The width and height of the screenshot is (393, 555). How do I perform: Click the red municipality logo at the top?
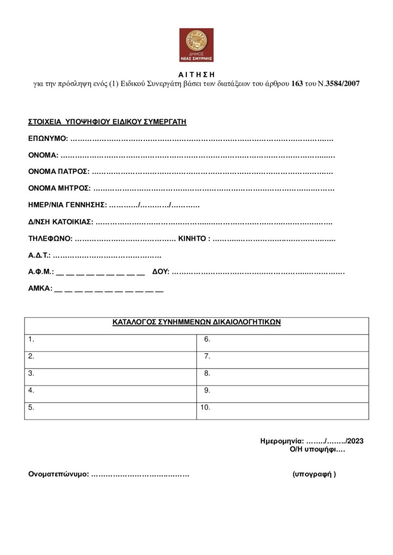(x=196, y=45)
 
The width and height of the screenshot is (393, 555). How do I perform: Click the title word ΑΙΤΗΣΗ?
(x=196, y=74)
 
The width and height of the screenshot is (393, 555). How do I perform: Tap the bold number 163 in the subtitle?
(x=297, y=84)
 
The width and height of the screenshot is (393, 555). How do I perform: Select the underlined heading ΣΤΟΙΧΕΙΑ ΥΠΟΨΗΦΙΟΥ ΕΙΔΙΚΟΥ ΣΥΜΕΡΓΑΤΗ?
(x=107, y=122)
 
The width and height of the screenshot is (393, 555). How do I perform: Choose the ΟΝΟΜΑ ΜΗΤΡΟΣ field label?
(x=59, y=189)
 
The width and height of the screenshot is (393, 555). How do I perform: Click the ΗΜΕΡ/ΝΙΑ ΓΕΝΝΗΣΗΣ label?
(x=67, y=205)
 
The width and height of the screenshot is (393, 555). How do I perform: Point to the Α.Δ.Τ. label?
(x=40, y=255)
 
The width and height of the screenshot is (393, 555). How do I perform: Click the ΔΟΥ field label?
(x=161, y=272)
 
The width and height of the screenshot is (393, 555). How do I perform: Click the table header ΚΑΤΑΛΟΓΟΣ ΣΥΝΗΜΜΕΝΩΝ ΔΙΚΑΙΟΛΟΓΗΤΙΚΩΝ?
(x=196, y=322)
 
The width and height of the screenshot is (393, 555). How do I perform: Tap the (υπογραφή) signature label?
(x=314, y=474)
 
